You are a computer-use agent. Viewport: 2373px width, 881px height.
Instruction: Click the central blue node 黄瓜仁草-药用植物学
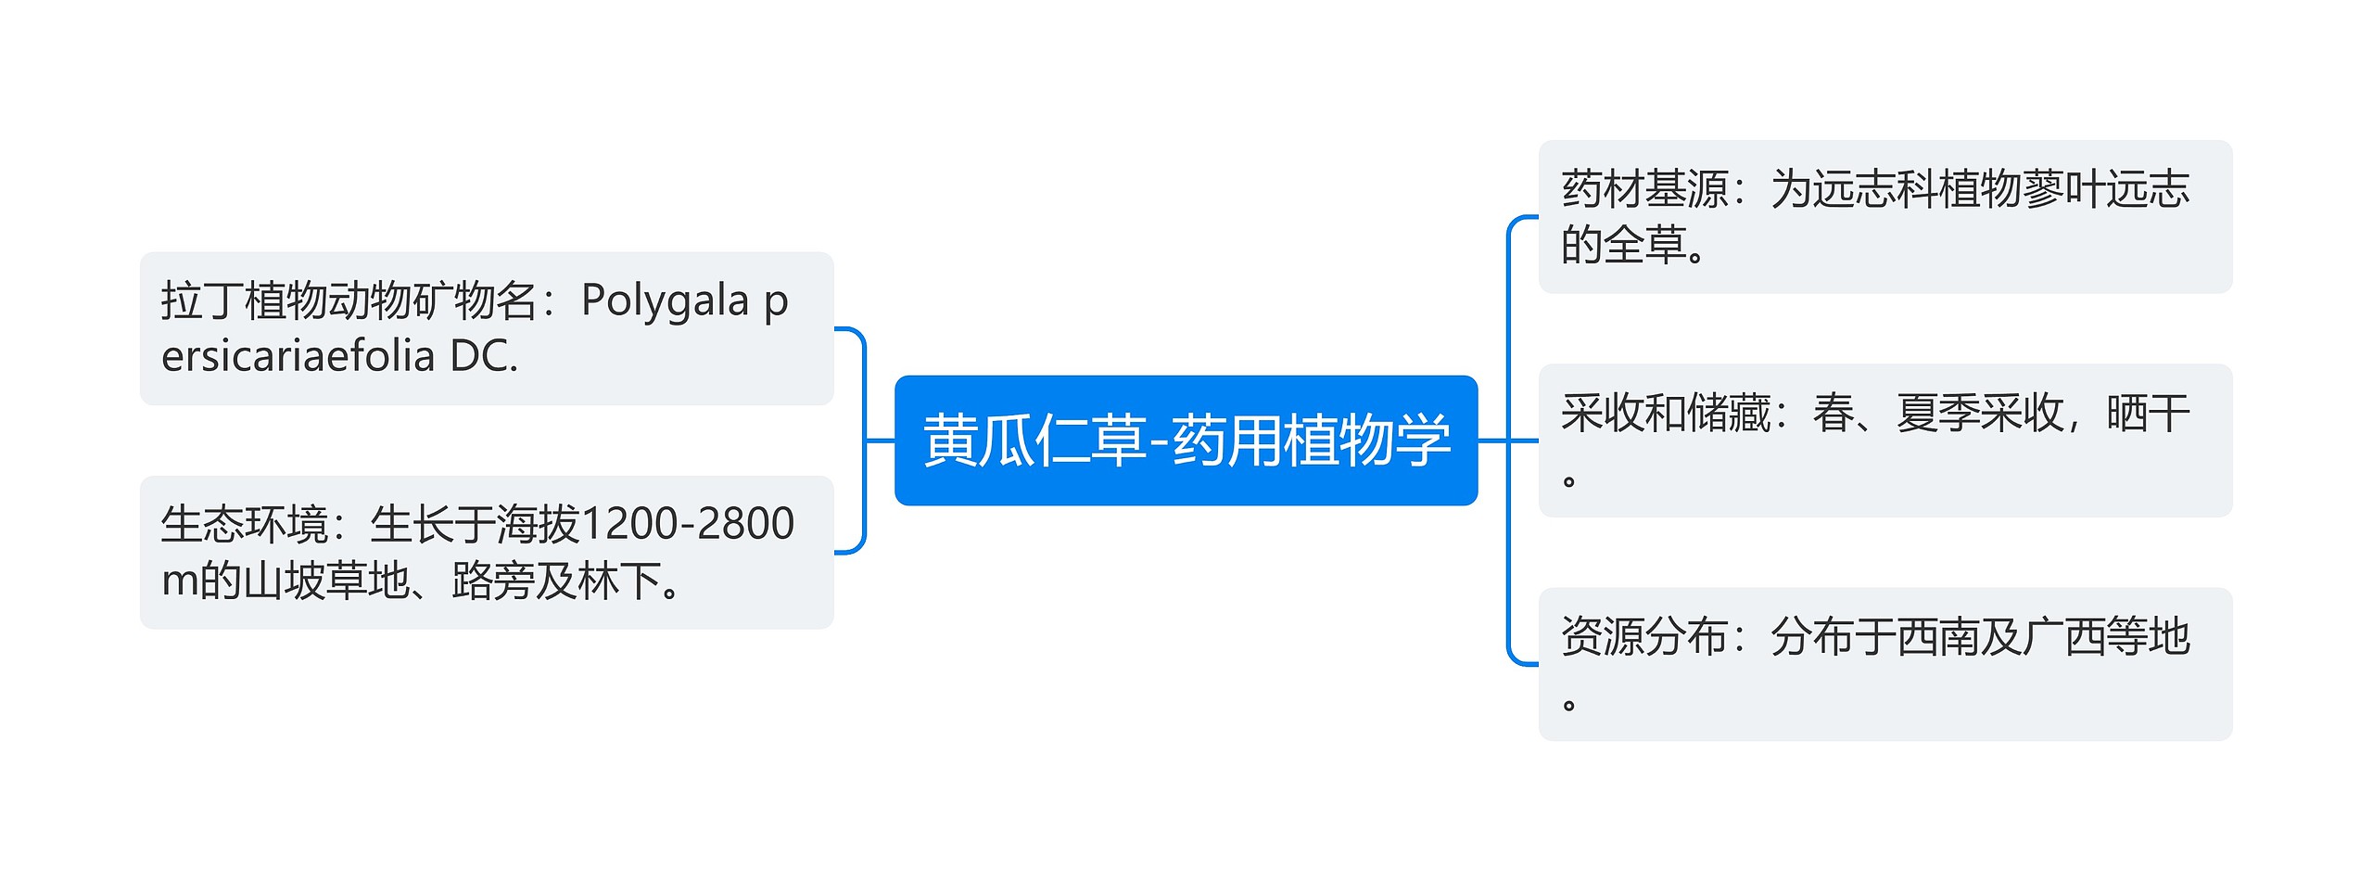[1185, 440]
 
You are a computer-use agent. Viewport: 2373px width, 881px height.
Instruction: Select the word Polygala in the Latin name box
[665, 301]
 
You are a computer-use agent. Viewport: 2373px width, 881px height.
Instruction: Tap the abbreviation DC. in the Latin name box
[484, 357]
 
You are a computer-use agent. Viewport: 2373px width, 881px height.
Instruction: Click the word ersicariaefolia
[298, 357]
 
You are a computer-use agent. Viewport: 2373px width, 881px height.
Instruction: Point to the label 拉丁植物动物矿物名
[349, 301]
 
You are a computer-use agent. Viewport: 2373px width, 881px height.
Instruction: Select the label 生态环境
[244, 524]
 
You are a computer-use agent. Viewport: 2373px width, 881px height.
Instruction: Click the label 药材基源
[1644, 190]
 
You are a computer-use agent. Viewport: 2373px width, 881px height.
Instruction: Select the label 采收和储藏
[1665, 414]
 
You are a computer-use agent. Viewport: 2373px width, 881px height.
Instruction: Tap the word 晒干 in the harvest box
[2148, 414]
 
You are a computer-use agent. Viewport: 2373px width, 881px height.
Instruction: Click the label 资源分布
[1644, 637]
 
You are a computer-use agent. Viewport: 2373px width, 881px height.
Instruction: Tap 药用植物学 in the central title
[1311, 440]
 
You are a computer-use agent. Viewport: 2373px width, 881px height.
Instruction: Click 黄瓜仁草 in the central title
[1033, 440]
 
